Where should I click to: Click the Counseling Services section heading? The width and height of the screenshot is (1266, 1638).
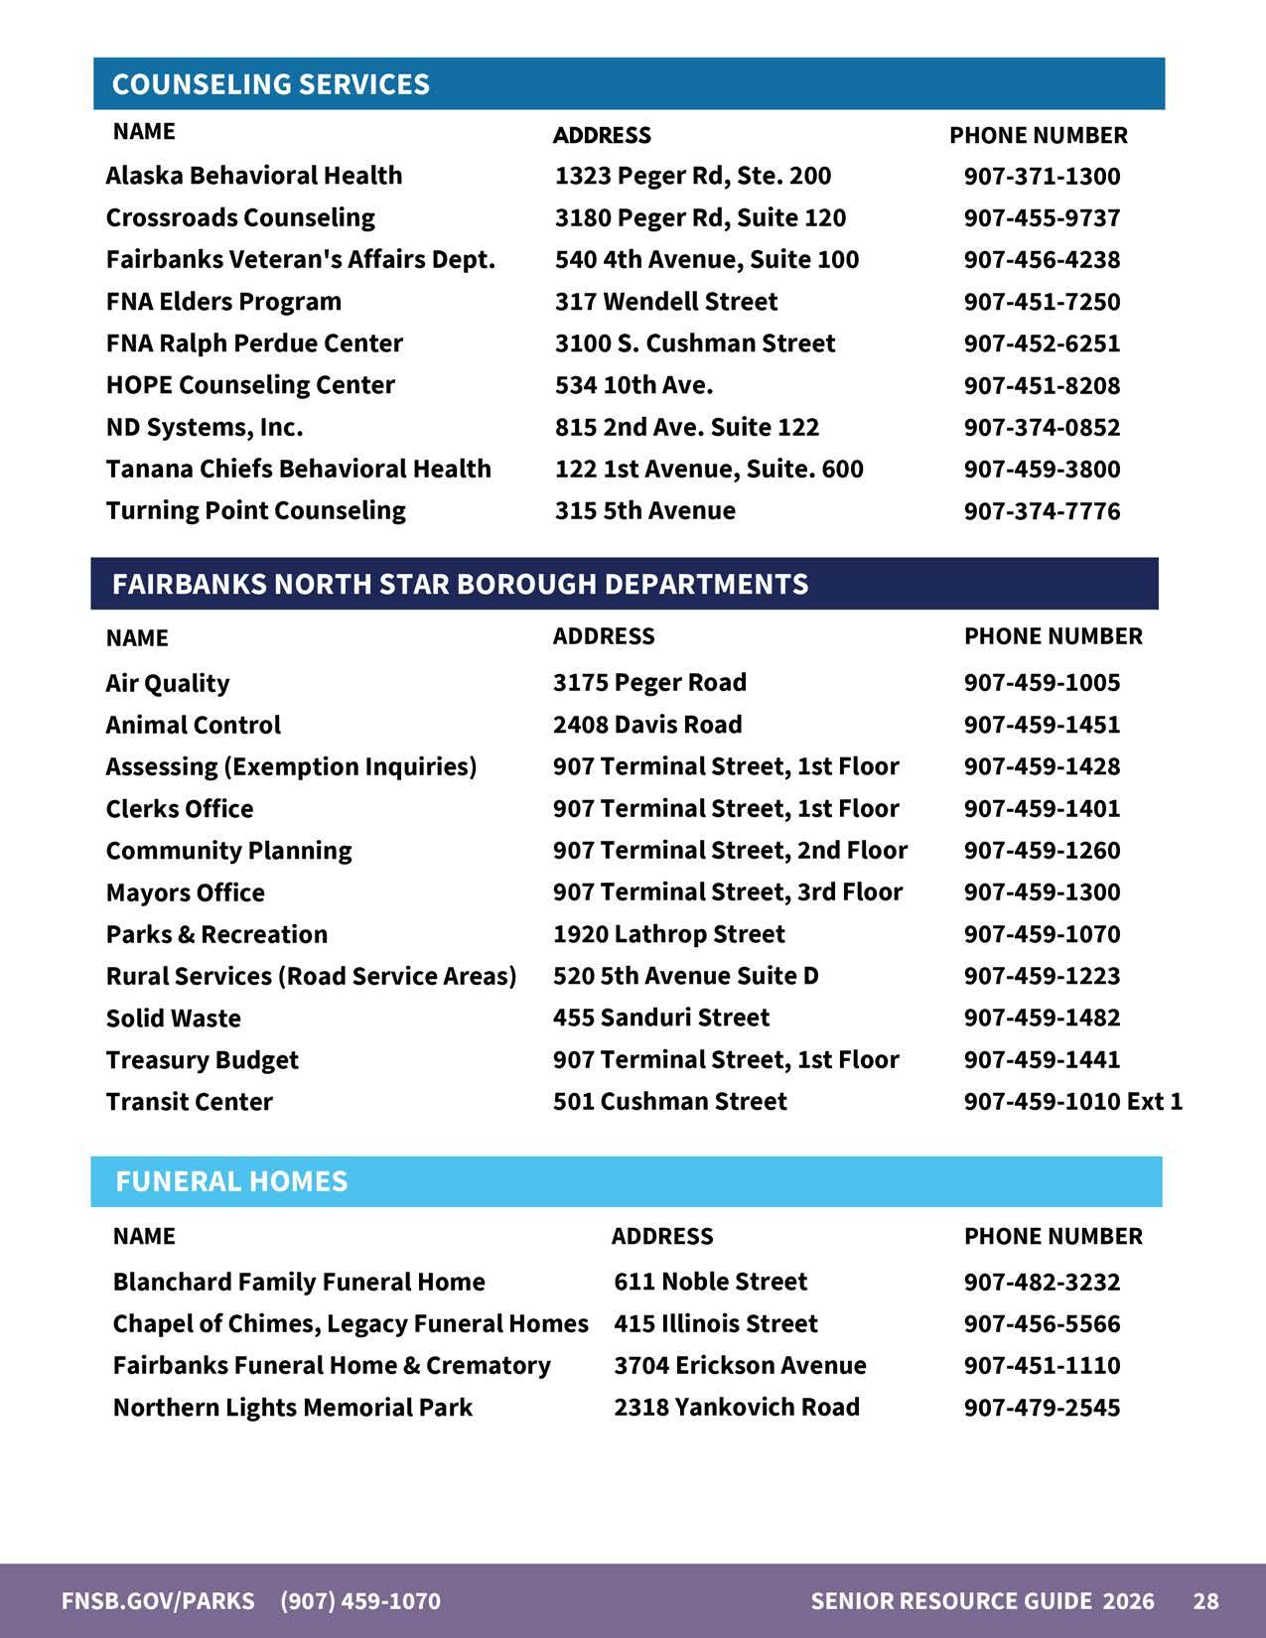[271, 84]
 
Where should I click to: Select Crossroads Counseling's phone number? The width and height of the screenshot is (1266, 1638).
[1042, 218]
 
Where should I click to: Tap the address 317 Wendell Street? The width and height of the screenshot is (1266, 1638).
[665, 302]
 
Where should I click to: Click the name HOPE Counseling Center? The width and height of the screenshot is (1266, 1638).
[250, 385]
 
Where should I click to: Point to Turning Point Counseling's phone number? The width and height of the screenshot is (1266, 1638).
[1042, 511]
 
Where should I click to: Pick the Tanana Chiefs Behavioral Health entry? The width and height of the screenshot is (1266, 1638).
[298, 469]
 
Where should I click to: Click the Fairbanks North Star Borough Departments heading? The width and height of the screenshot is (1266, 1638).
[460, 584]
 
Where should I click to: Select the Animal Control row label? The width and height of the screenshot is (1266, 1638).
[193, 725]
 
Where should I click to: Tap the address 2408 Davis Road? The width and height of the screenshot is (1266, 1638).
[646, 725]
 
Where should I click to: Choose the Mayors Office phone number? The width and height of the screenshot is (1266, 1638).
[1042, 892]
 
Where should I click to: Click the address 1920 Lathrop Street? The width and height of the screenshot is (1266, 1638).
[668, 934]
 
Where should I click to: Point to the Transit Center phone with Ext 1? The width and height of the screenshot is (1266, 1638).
[1072, 1102]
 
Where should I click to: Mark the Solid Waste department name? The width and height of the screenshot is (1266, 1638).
[173, 1019]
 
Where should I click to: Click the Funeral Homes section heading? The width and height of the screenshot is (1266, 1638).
[231, 1181]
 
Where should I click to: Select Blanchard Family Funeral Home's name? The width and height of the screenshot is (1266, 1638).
[298, 1282]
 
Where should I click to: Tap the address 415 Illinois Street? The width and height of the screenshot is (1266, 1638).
[715, 1323]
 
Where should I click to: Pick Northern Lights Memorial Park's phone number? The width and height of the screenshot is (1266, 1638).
[1042, 1408]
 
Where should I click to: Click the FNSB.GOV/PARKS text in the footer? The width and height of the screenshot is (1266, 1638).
[158, 1600]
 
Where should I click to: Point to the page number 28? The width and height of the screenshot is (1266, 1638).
[1205, 1600]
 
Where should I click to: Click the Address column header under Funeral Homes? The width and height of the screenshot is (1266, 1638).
[661, 1236]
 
